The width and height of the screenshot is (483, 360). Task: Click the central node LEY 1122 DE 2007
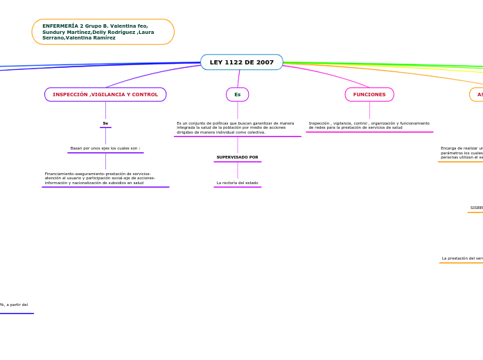click(241, 62)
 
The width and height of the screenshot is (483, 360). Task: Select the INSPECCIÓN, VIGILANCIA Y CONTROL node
click(105, 94)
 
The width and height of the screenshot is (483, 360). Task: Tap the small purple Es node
click(237, 94)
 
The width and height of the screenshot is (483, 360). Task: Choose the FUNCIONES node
click(369, 94)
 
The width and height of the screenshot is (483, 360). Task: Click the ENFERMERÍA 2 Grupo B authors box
click(103, 32)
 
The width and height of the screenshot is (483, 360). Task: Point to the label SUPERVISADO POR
click(237, 157)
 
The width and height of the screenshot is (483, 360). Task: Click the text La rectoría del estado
click(237, 183)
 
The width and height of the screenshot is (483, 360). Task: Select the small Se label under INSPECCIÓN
click(105, 123)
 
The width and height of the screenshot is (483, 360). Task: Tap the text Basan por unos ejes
click(105, 148)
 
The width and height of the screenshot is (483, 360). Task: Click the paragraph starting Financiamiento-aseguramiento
click(100, 178)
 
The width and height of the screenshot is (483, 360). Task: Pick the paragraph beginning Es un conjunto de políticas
click(235, 127)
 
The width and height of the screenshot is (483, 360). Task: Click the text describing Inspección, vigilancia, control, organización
click(369, 125)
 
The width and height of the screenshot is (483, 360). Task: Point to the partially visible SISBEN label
click(476, 208)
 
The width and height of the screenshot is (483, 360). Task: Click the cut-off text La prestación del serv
click(462, 258)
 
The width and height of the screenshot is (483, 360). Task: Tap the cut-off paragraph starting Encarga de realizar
click(462, 153)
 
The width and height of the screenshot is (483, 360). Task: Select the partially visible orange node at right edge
click(477, 94)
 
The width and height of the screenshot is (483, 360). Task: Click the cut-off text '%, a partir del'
click(14, 305)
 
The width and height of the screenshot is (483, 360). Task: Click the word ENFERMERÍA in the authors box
click(59, 26)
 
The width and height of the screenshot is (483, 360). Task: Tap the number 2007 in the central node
click(265, 62)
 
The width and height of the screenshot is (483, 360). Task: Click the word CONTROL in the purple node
click(145, 94)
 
